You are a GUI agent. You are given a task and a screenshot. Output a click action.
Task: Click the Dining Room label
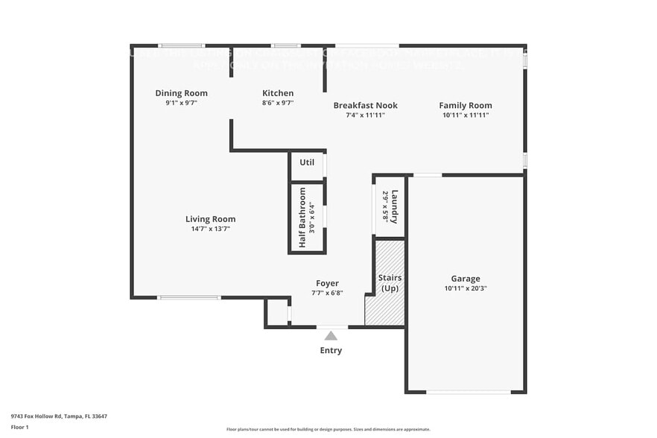181,93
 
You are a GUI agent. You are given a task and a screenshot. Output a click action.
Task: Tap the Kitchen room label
277,93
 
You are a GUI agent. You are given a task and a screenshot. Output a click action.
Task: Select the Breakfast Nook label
365,105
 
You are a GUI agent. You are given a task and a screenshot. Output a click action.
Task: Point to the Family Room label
465,105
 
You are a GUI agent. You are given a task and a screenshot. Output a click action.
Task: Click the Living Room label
210,219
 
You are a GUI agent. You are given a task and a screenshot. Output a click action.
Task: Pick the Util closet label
307,162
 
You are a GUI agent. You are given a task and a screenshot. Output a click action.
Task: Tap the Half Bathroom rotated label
303,218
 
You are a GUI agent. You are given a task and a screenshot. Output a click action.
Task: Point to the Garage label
465,279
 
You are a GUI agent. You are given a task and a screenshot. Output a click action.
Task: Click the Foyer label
327,283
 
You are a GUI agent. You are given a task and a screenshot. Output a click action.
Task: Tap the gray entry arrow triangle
331,336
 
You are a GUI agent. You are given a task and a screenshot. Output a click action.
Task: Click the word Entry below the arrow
331,350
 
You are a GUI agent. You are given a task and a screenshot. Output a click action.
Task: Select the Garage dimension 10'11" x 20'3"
465,288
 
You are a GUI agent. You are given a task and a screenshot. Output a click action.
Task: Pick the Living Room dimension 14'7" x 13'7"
210,229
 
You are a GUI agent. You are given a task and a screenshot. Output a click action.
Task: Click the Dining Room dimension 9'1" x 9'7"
181,104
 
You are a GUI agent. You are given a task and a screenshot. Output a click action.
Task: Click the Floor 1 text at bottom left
19,428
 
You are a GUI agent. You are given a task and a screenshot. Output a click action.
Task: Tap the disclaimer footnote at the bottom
328,429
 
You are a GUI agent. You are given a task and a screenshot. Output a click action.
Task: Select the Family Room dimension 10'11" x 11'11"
465,115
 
